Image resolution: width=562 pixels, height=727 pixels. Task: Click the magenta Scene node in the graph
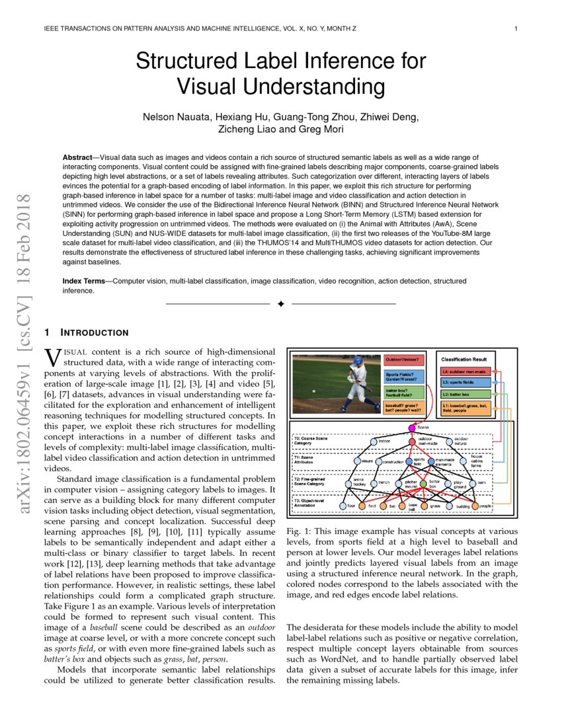pos(412,428)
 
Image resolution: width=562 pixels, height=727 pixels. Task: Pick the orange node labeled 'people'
pos(485,506)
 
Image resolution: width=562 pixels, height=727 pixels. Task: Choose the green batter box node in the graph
pos(434,483)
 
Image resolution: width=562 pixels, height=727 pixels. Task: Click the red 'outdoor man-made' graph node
pos(413,441)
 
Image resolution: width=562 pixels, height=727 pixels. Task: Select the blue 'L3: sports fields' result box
pos(466,382)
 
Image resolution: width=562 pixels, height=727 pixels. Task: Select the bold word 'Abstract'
pos(77,158)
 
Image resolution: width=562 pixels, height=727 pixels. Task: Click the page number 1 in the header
pos(515,28)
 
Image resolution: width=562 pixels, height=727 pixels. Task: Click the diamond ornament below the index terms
pos(280,303)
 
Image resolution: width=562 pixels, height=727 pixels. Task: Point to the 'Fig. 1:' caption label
pos(299,531)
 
